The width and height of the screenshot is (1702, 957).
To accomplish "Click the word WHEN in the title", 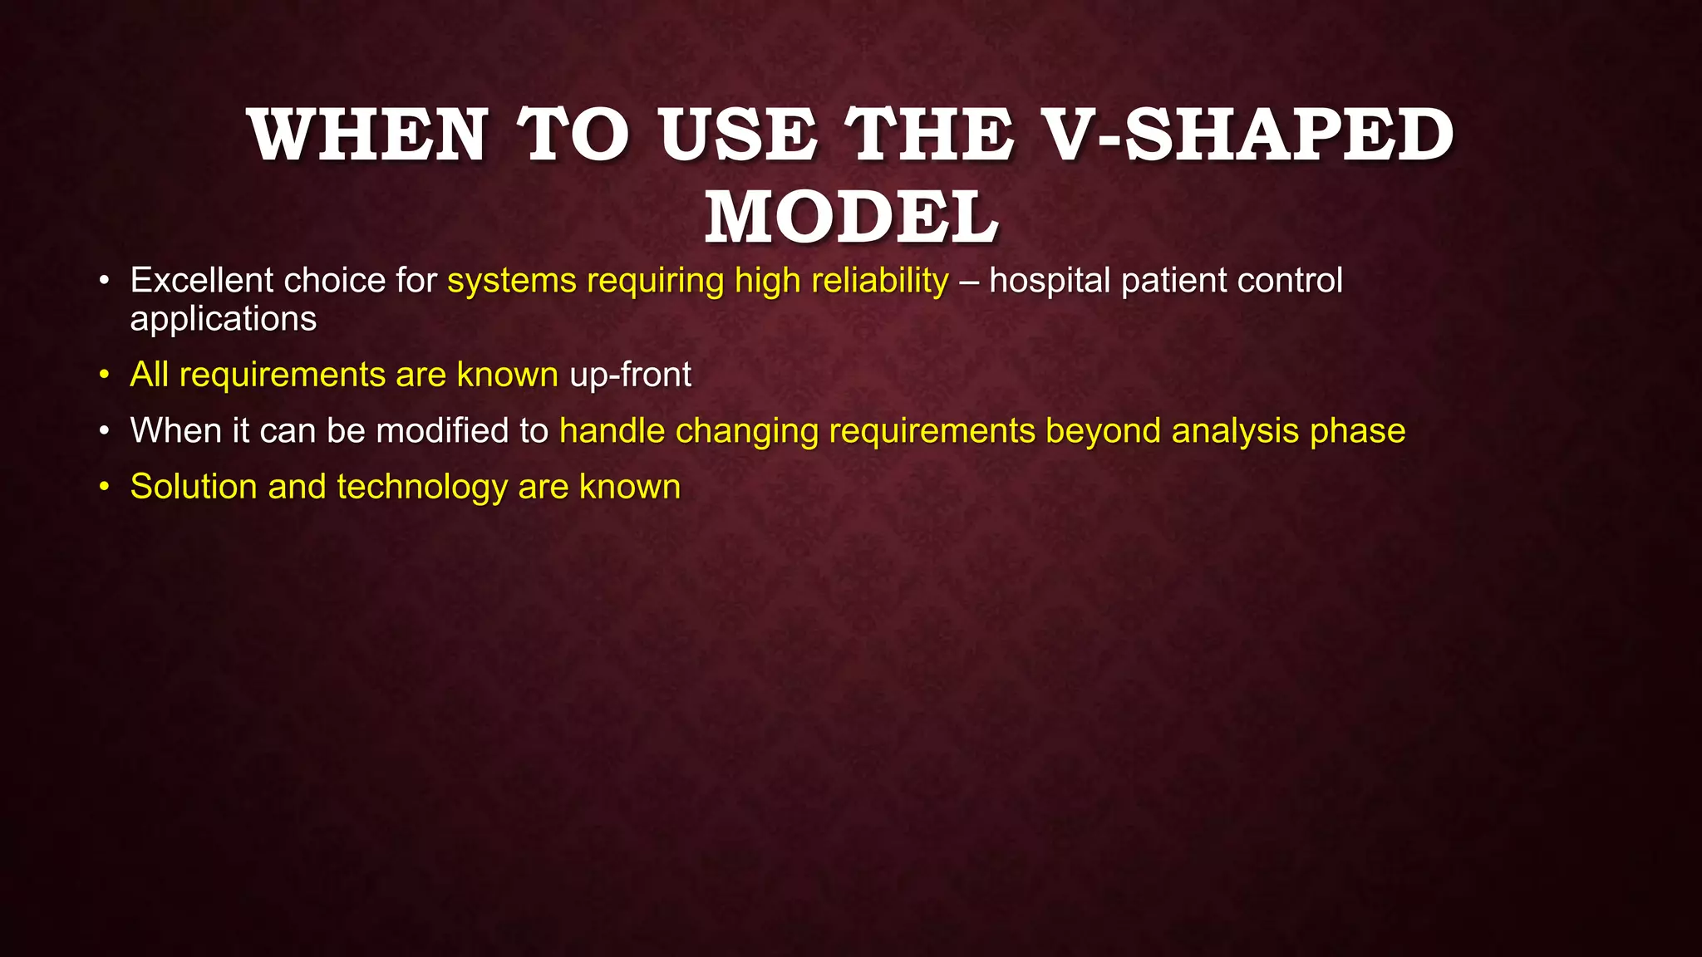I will [367, 135].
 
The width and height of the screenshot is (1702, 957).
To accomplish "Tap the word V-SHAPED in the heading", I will [1247, 135].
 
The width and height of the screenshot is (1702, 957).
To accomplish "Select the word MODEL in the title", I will [852, 218].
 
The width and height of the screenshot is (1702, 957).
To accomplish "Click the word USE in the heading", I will [738, 135].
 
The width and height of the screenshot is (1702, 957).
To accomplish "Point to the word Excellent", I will [200, 281].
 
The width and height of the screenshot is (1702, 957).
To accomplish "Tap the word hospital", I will [1050, 281].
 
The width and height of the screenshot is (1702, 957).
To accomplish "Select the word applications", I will [224, 319].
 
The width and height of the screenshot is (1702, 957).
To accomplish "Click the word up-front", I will [630, 375].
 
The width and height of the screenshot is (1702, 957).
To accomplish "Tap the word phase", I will [1358, 431].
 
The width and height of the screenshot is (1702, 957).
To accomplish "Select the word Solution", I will [194, 487].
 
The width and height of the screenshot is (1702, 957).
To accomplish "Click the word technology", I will [422, 488].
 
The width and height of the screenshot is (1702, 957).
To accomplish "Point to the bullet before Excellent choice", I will [104, 281].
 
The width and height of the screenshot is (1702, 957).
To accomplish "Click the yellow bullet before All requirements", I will [104, 375].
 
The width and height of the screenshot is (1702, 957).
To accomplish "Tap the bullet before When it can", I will [104, 431].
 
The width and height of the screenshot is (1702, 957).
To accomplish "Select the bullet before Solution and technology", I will [104, 487].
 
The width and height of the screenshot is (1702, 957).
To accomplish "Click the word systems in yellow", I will [512, 282].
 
